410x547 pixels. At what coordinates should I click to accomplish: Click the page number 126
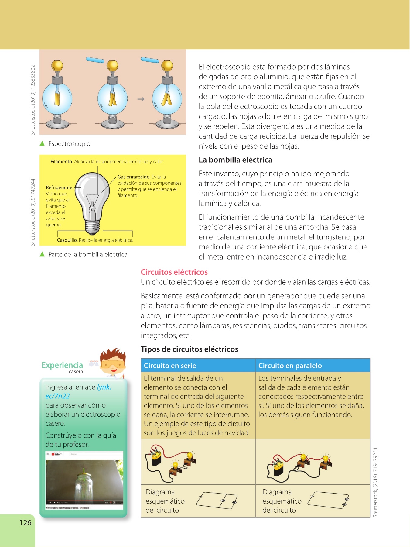pos(25,523)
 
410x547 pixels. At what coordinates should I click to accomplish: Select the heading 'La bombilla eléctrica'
pos(235,160)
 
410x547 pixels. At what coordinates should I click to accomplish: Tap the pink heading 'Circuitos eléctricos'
pos(174,272)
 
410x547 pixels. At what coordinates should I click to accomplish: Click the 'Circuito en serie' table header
pos(170,366)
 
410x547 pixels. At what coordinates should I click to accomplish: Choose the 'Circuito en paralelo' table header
pos(290,366)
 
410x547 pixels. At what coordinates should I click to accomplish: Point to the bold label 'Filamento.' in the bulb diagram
pos(62,162)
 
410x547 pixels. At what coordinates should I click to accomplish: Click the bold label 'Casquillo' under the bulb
pos(67,240)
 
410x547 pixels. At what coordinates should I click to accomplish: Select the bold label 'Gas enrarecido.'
pos(134,177)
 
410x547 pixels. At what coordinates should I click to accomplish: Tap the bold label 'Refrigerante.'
pos(60,187)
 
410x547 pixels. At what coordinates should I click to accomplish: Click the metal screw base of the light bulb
pos(92,226)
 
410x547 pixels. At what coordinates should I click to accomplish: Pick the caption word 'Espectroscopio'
pos(69,144)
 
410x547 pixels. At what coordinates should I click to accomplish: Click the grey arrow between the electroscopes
pos(141,99)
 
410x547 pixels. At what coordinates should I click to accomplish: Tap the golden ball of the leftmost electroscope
pos(57,65)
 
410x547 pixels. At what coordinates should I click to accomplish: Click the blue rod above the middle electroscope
pos(95,60)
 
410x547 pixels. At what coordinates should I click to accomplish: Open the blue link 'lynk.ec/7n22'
pos(104,387)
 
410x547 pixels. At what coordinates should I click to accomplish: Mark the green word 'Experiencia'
pos(62,365)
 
